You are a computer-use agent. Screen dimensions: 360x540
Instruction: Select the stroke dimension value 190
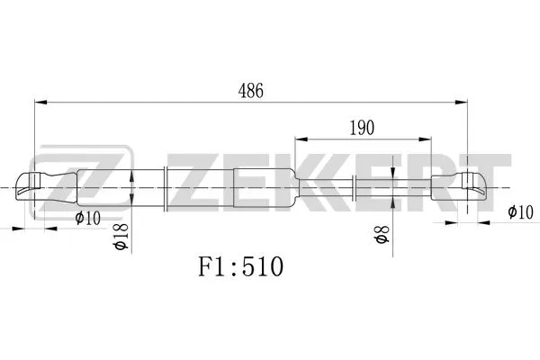(362, 128)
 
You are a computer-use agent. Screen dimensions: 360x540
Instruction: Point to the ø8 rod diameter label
(382, 238)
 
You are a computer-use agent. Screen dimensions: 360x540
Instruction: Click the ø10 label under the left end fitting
(87, 217)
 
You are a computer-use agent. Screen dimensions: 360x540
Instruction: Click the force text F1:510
(240, 267)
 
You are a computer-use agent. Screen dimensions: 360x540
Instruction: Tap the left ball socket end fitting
(40, 187)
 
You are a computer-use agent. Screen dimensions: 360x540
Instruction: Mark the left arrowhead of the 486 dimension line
(39, 102)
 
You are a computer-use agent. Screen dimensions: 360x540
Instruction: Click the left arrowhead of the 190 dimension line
(300, 139)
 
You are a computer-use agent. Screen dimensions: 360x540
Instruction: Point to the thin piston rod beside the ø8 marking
(396, 188)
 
